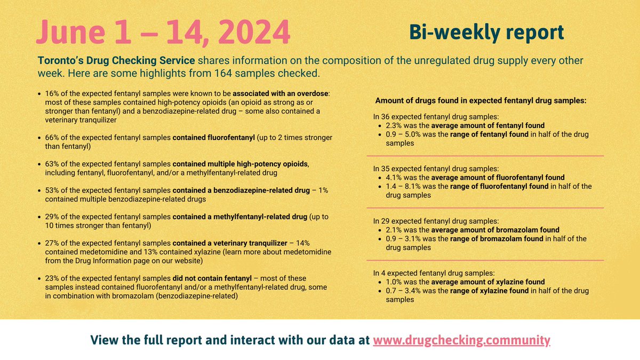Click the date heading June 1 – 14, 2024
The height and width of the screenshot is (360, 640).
pyautogui.click(x=163, y=32)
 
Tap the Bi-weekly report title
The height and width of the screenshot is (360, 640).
pyautogui.click(x=486, y=33)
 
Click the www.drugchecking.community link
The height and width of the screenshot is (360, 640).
pyautogui.click(x=461, y=340)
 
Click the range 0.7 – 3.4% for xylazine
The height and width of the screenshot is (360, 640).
pyautogui.click(x=409, y=291)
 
